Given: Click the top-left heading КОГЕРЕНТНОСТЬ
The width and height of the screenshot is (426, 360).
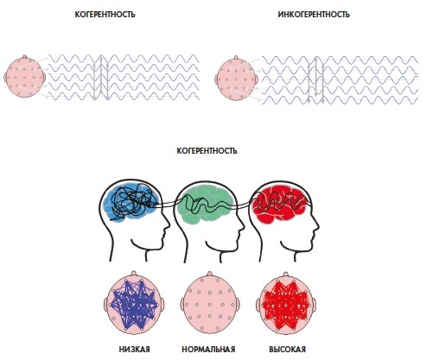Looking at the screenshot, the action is (105, 15).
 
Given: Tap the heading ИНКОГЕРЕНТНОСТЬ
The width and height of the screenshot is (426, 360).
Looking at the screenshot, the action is (314, 15).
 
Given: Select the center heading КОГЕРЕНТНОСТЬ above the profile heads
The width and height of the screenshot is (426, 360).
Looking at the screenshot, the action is (207, 151).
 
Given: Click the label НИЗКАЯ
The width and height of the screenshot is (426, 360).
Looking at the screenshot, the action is (134, 350).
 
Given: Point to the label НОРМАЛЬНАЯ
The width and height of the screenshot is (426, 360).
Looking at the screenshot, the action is (208, 350).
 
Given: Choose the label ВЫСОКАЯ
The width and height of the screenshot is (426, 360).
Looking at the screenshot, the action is (287, 350).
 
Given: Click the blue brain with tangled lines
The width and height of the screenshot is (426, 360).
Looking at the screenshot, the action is (131, 202).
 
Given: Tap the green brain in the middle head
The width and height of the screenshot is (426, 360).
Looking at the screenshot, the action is (205, 204).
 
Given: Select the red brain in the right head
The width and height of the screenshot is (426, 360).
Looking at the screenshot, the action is (278, 204).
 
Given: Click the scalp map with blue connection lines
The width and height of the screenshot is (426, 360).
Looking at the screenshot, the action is (134, 305).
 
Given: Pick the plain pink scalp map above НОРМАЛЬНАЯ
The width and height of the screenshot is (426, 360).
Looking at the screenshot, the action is (210, 305).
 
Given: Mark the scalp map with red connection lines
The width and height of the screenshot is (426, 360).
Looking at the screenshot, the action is (286, 305).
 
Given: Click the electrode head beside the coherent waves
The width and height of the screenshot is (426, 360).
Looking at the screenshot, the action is (25, 77).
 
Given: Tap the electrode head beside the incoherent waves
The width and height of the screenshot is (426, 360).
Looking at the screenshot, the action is (236, 79).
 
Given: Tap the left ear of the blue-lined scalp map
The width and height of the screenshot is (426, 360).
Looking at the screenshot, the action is (105, 305).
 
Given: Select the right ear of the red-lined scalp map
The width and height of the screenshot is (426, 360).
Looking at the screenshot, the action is (315, 305).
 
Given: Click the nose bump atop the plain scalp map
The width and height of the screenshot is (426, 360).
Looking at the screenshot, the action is (210, 274).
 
